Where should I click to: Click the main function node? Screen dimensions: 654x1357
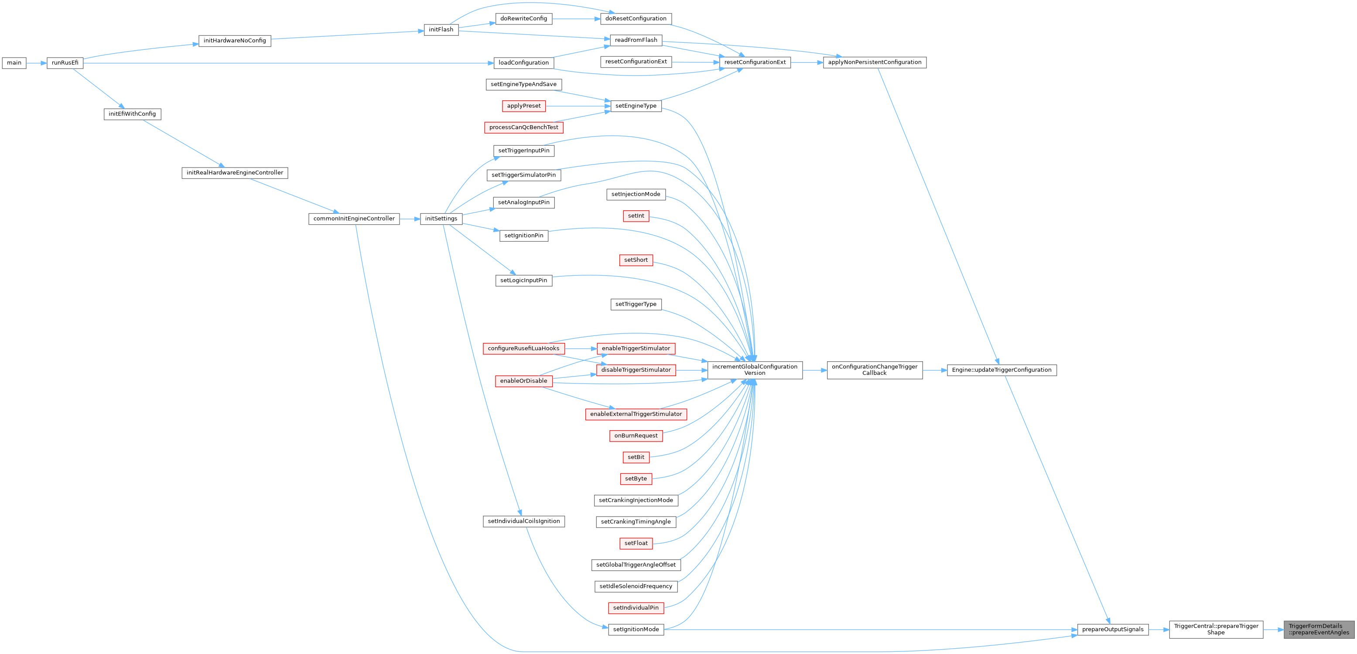14,63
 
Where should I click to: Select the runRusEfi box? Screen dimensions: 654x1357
65,63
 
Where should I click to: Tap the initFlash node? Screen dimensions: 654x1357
441,30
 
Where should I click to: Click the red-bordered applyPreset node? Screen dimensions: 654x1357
523,106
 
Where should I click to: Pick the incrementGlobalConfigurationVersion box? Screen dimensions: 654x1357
754,370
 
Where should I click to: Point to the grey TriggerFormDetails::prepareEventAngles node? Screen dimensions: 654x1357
1319,629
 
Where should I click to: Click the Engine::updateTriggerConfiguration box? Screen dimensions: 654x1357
1002,370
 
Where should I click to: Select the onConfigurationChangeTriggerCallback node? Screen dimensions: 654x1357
875,370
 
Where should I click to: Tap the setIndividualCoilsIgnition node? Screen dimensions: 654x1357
523,521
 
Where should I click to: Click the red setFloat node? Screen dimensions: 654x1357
636,543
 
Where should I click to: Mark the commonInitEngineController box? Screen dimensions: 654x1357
353,219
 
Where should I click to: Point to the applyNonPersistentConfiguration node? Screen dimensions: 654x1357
875,62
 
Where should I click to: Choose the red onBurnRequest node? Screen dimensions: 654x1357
636,436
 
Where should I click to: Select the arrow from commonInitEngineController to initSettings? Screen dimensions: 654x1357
409,219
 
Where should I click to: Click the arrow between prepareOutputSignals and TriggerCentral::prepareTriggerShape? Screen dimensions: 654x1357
1159,629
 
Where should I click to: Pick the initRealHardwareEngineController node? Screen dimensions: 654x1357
234,173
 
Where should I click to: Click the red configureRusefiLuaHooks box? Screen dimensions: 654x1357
523,348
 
